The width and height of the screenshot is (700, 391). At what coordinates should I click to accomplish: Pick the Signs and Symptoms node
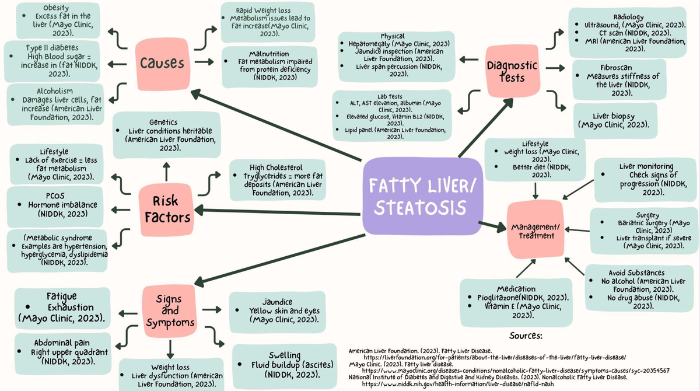pyautogui.click(x=170, y=311)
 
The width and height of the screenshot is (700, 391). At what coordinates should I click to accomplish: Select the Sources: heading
pyautogui.click(x=526, y=336)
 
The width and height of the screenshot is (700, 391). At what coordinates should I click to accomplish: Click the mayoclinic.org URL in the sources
pyautogui.click(x=515, y=371)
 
